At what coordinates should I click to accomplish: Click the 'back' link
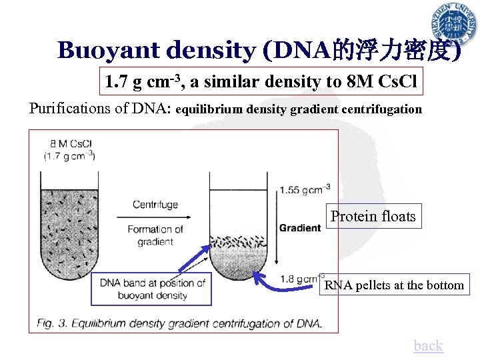428,345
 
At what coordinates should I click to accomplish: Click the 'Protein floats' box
373,216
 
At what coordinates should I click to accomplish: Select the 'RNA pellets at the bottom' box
393,285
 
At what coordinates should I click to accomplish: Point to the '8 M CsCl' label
69,142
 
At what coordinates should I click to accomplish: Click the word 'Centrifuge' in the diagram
155,204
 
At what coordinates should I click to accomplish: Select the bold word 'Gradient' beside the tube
299,228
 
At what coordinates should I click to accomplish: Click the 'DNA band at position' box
152,289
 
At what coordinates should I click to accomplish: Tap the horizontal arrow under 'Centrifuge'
155,216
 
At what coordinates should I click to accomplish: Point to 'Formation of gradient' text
155,235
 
